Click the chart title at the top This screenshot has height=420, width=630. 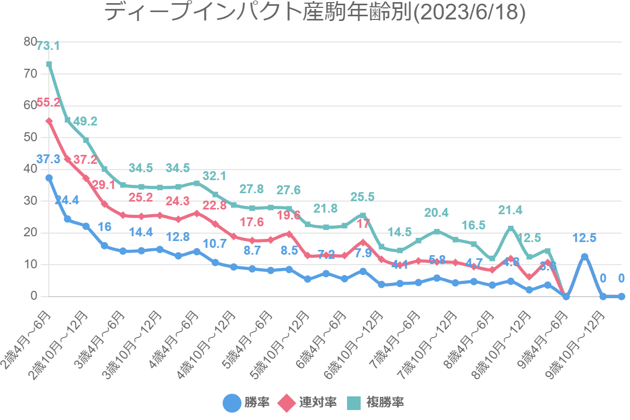tap(315, 13)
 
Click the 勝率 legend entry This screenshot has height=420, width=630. tap(247, 403)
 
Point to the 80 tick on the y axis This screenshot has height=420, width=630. tap(30, 41)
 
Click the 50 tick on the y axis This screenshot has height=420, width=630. tap(30, 137)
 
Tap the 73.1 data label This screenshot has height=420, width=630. tap(48, 46)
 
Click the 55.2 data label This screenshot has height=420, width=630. tap(48, 102)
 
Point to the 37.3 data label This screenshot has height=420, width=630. tap(48, 159)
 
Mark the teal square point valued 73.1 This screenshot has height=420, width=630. tap(49, 64)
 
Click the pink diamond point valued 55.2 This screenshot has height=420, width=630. tap(49, 121)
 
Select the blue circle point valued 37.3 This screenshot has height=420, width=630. tap(49, 178)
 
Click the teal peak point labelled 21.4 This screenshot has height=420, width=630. tap(511, 228)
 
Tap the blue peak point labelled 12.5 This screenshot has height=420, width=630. tap(584, 257)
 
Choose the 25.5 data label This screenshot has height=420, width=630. tap(363, 197)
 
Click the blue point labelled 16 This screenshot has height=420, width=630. tap(104, 246)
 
